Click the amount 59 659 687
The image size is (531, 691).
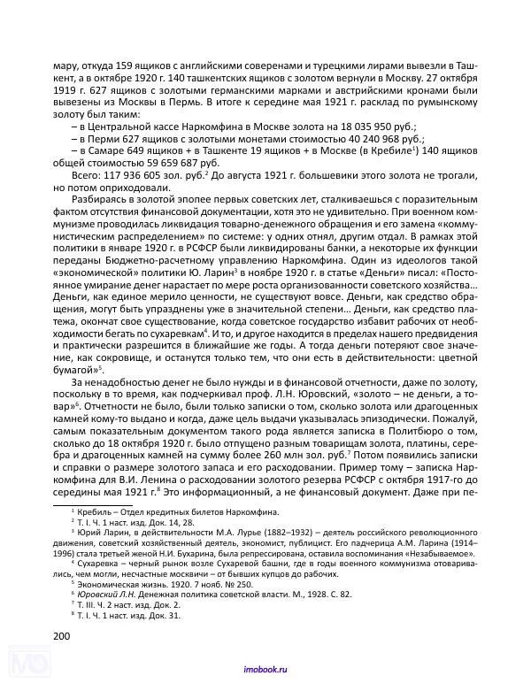point(165,164)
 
